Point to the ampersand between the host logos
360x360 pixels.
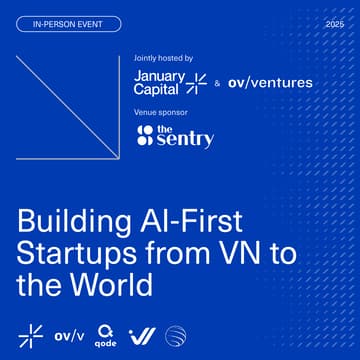(218, 84)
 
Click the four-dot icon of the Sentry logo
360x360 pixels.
(146, 136)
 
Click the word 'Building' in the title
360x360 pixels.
(66, 222)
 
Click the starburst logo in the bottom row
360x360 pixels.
(31, 334)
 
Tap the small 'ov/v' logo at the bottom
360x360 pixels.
(69, 334)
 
